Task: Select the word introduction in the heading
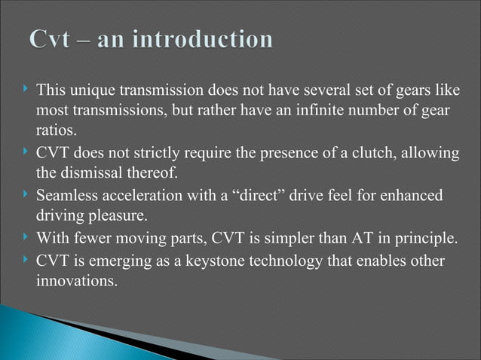pyautogui.click(x=207, y=39)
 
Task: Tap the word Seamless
pyautogui.click(x=65, y=197)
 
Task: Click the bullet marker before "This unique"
pyautogui.click(x=26, y=92)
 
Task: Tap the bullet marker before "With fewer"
pyautogui.click(x=26, y=240)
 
